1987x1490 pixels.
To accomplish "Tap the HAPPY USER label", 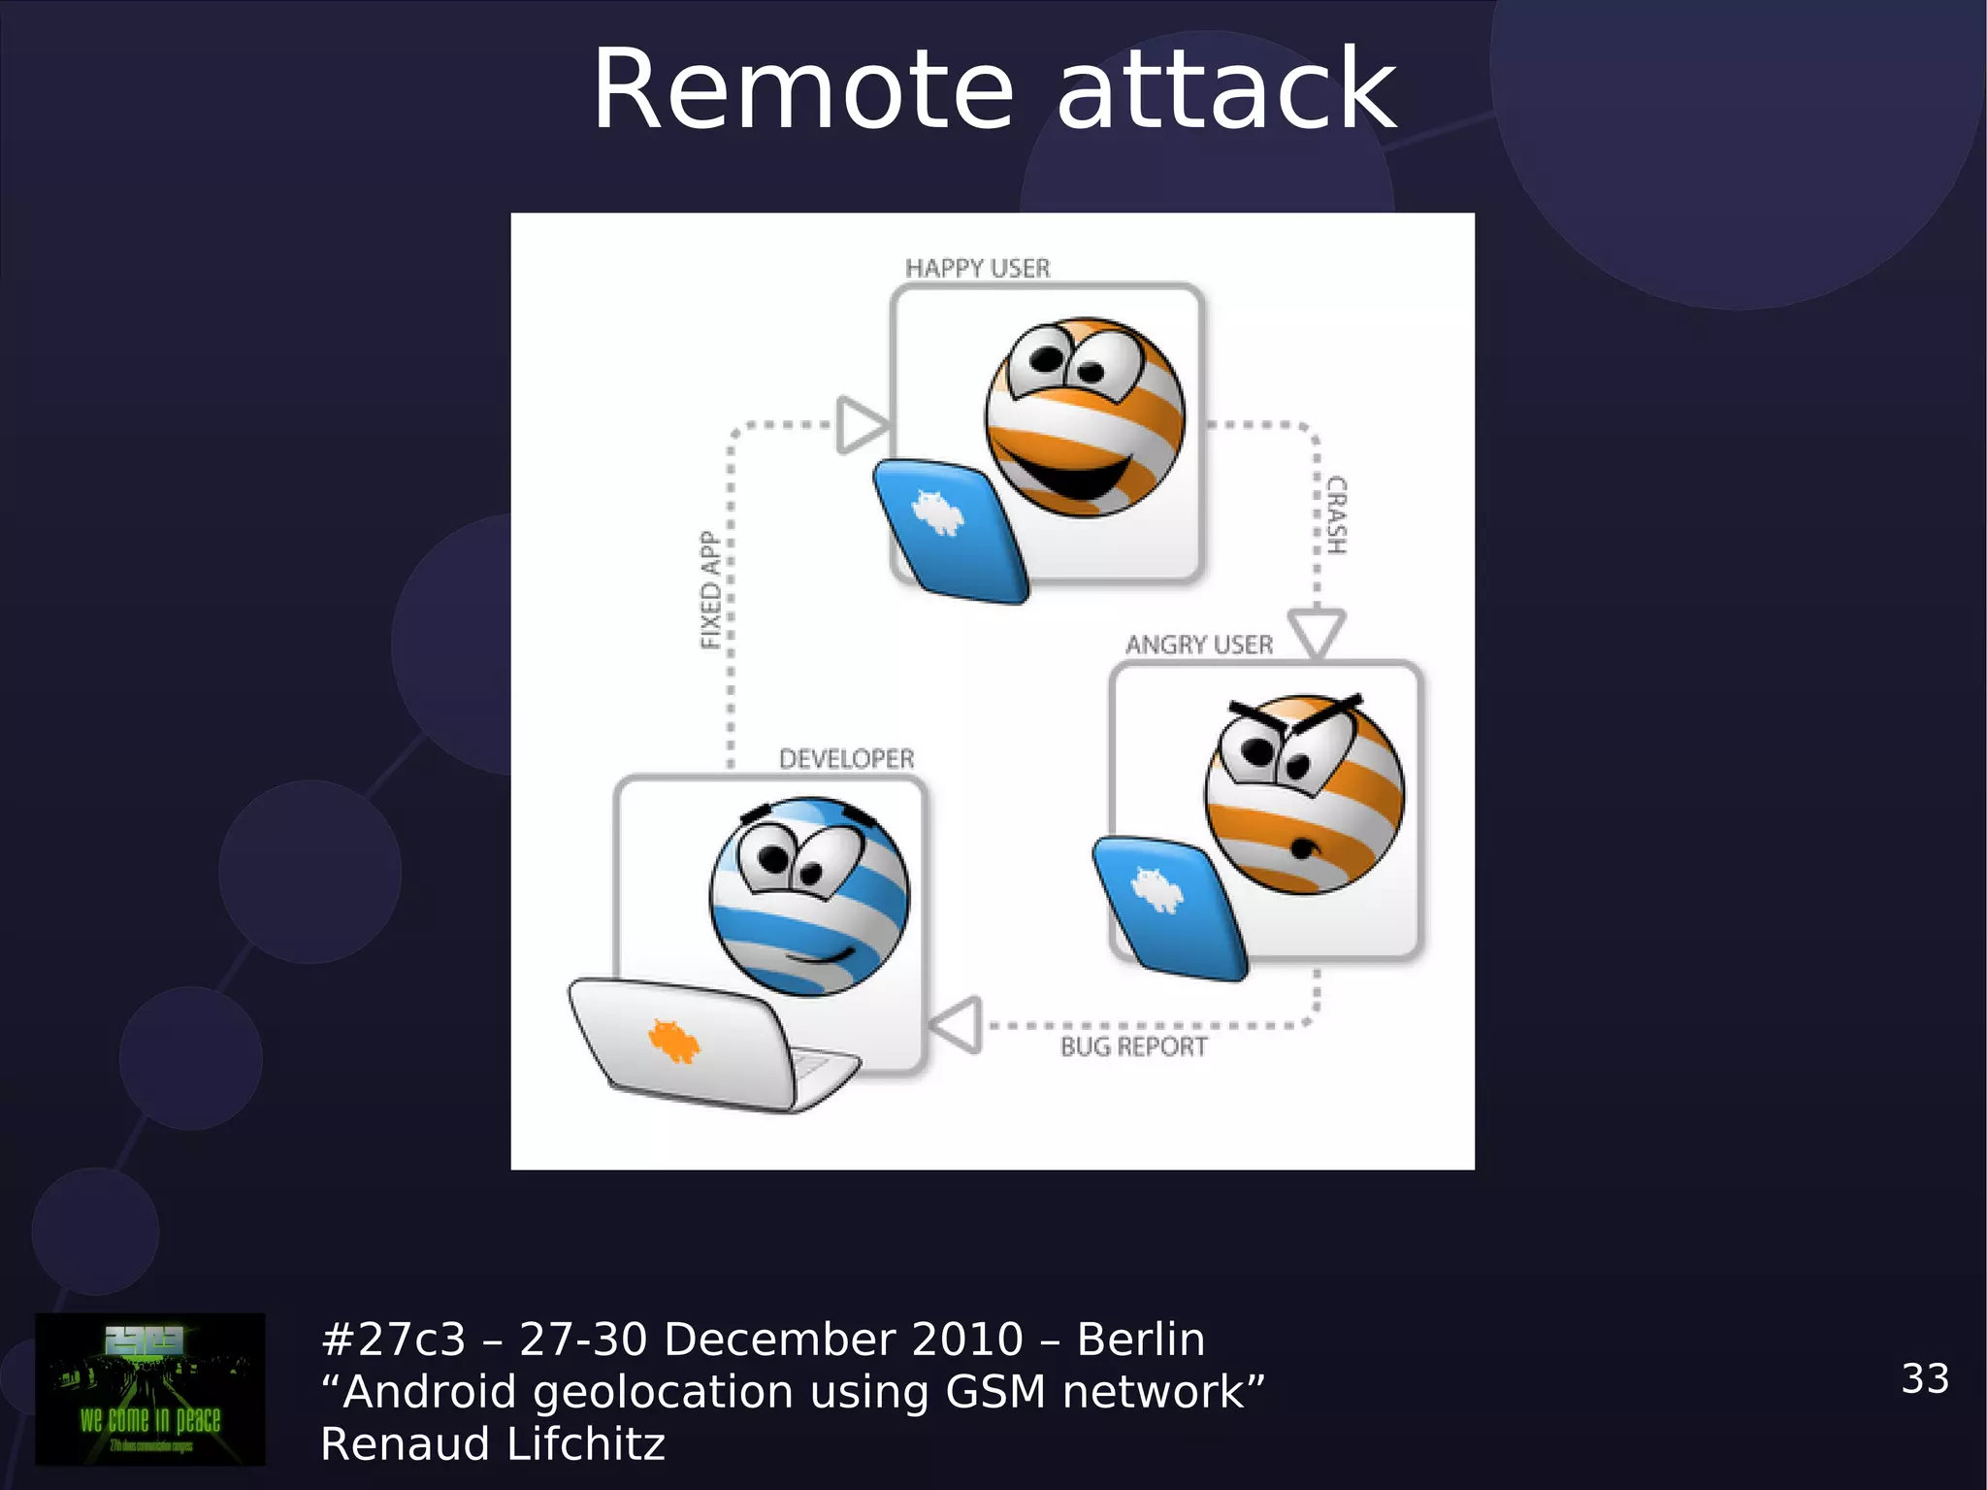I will [977, 268].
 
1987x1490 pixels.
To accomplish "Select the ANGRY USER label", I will [1199, 645].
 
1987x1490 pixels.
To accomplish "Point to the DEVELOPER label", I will [846, 759].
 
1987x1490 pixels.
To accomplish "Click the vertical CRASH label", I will [1337, 514].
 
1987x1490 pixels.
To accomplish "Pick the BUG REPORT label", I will [1133, 1046].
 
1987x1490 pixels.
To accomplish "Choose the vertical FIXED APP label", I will [710, 590].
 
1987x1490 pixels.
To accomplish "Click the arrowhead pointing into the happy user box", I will [861, 425].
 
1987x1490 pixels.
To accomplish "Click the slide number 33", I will [1925, 1378].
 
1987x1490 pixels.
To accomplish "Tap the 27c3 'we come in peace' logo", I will [150, 1389].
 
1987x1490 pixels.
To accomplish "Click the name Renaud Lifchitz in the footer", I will [493, 1444].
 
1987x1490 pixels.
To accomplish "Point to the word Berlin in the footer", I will [1141, 1340].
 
